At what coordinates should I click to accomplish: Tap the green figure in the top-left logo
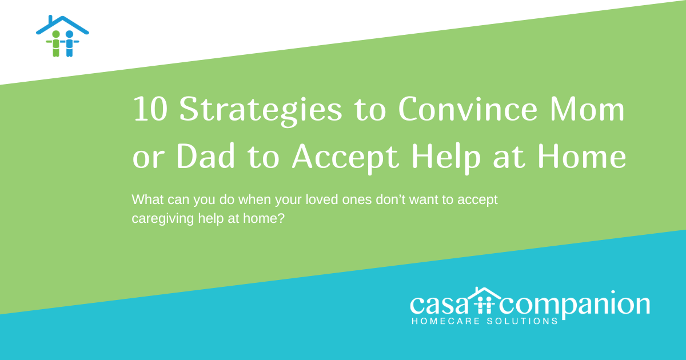[x=55, y=43]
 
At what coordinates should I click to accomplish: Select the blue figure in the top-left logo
[x=69, y=43]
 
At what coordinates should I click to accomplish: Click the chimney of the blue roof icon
[x=51, y=19]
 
